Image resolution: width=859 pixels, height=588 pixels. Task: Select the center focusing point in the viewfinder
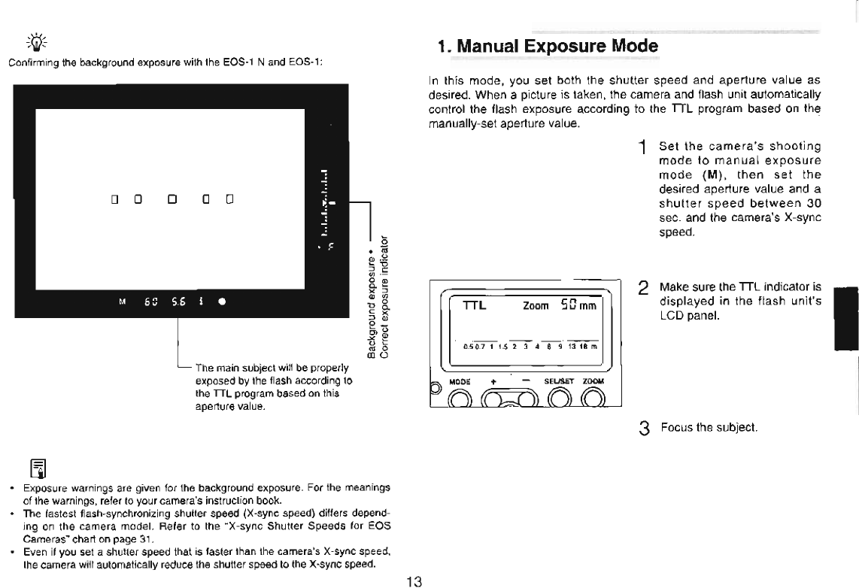click(x=172, y=199)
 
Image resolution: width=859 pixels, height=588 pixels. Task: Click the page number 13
click(x=414, y=580)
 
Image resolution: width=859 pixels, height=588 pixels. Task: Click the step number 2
click(x=643, y=288)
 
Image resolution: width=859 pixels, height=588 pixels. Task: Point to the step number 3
click(x=643, y=429)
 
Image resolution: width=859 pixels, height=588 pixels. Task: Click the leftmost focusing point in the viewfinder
click(x=115, y=199)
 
